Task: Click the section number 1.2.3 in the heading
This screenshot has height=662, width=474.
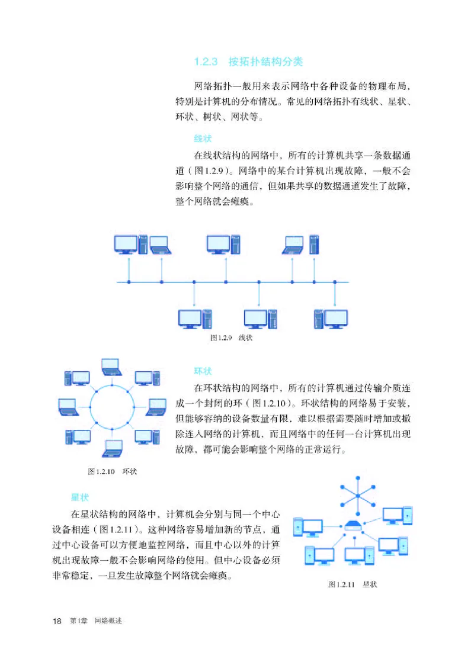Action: (x=207, y=62)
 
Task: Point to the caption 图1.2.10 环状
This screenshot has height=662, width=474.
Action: (x=112, y=471)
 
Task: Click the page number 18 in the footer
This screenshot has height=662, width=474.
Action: (x=57, y=621)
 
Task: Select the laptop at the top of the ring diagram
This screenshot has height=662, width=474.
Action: (x=112, y=367)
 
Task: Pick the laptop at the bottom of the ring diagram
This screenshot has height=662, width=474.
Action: (x=112, y=448)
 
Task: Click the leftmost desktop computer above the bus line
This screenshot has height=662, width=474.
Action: (x=129, y=245)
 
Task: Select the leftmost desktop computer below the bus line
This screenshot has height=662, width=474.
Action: (x=195, y=319)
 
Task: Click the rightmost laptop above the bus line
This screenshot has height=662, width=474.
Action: (x=294, y=245)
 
